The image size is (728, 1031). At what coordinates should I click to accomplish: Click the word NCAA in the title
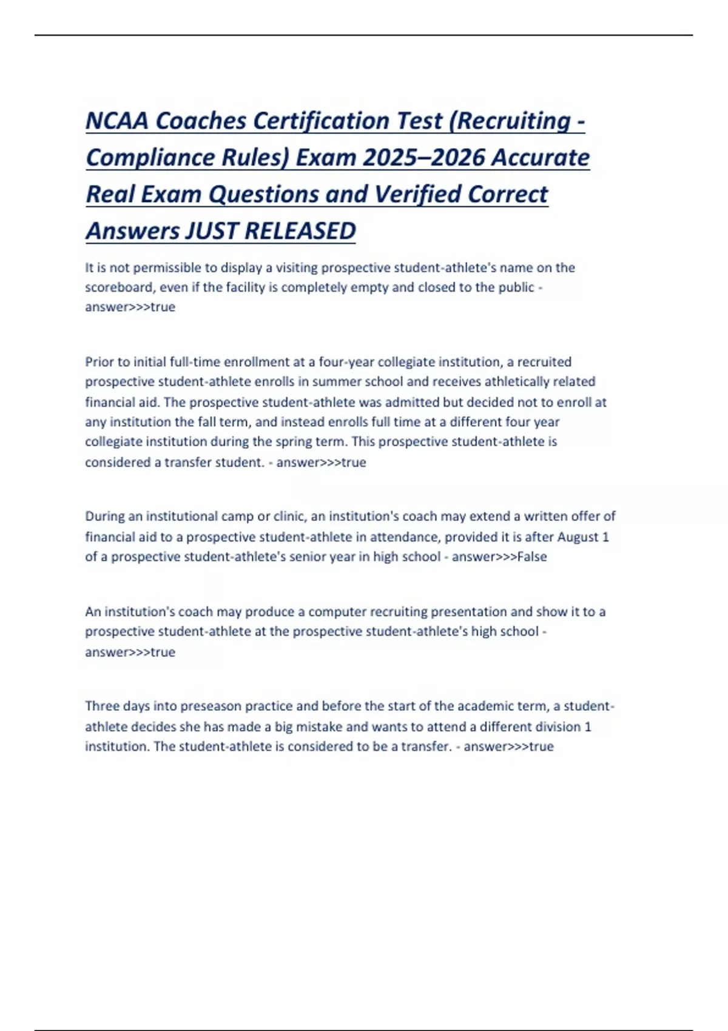tap(117, 121)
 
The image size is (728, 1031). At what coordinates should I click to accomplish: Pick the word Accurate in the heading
tap(540, 158)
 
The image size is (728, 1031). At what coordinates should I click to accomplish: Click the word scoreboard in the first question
tap(119, 287)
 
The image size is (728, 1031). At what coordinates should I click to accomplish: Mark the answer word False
tap(531, 557)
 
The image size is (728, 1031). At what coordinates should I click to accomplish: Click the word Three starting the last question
tap(103, 706)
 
